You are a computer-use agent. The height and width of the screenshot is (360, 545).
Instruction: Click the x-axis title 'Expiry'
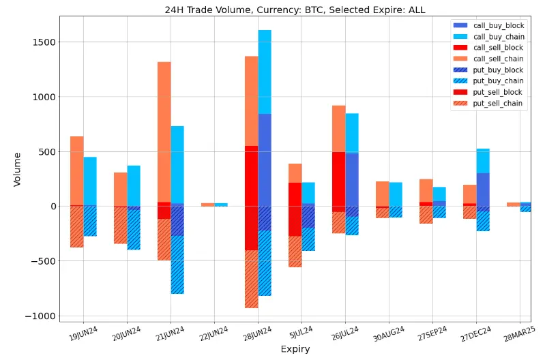[295, 350]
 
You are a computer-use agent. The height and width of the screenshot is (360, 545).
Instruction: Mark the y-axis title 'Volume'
[17, 169]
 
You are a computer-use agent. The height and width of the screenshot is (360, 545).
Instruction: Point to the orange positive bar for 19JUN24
[76, 170]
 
